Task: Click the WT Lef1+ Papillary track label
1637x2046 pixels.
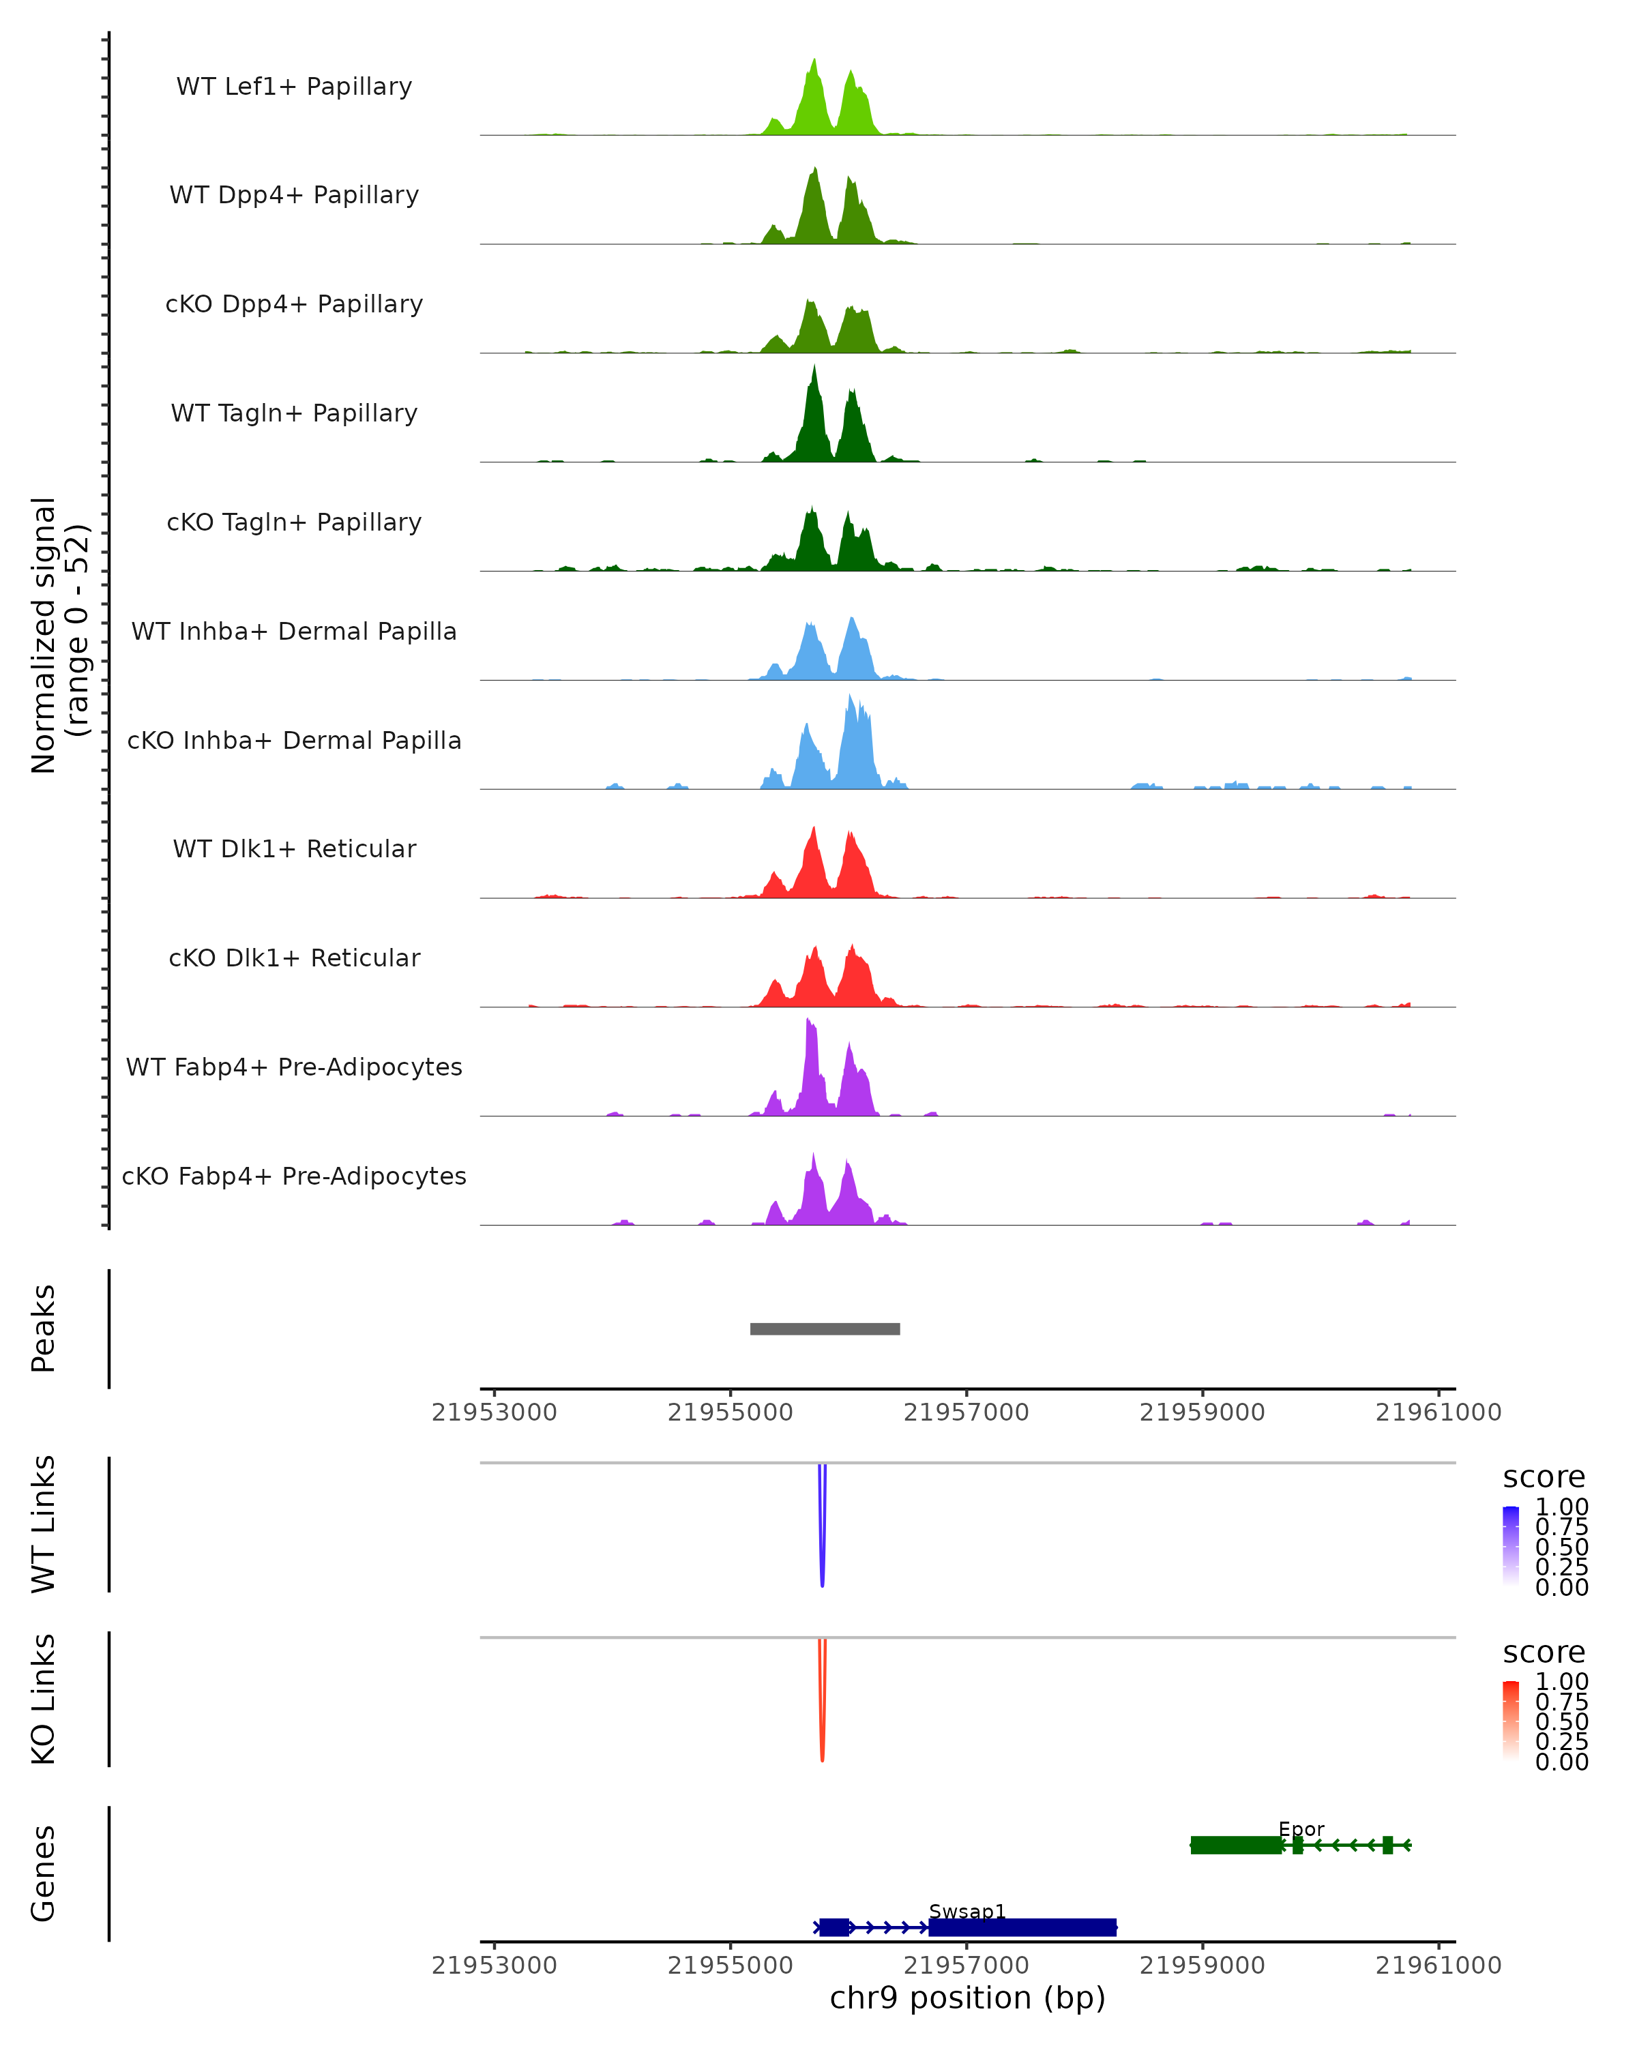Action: point(294,87)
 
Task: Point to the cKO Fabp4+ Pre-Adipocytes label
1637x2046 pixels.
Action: point(294,1176)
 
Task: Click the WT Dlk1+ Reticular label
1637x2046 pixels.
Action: point(294,848)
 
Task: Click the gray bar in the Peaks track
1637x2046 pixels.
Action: point(825,1329)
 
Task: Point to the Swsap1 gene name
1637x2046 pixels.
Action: point(967,1911)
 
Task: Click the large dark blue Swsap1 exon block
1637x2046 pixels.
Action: point(1022,1927)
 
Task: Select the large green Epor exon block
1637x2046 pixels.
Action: point(1235,1845)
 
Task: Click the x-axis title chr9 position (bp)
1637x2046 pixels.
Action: point(967,1998)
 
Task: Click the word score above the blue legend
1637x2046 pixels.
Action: point(1544,1478)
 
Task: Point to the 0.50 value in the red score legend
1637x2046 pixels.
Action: point(1561,1721)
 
